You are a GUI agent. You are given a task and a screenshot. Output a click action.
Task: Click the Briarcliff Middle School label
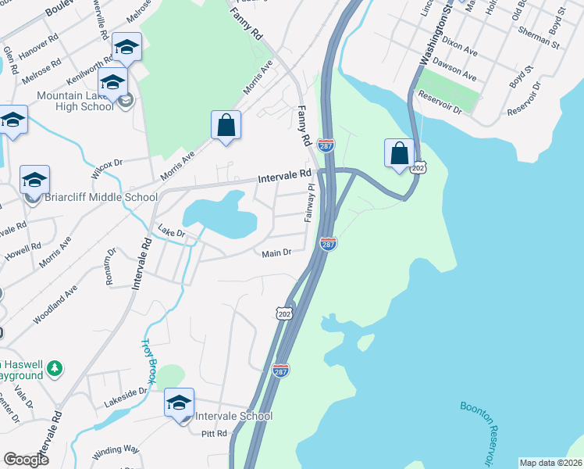pos(101,197)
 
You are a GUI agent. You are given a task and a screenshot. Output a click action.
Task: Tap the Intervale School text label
pos(233,416)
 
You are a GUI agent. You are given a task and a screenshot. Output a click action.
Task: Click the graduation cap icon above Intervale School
pos(179,403)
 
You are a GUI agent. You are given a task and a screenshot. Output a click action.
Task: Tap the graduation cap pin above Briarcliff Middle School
pos(34,180)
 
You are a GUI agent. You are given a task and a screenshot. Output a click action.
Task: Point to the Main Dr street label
pos(276,252)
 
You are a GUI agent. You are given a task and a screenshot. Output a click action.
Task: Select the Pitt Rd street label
pos(214,433)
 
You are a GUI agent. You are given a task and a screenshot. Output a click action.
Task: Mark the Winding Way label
pos(116,451)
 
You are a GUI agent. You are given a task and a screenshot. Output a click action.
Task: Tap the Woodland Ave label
pos(55,304)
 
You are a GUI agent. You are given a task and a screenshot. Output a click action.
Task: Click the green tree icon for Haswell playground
pos(55,367)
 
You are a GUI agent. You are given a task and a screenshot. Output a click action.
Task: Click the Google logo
pos(26,460)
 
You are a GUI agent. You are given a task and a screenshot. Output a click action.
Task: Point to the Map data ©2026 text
pos(550,463)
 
